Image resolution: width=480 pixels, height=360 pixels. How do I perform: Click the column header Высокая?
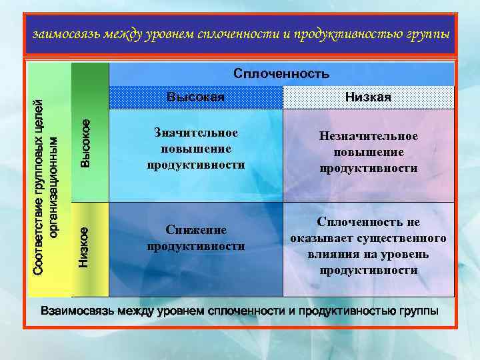pyautogui.click(x=195, y=98)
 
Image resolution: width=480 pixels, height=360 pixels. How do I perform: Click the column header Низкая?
pyautogui.click(x=368, y=98)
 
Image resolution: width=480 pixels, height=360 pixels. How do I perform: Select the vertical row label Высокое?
pyautogui.click(x=85, y=143)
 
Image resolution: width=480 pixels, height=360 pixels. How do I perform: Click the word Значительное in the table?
pyautogui.click(x=195, y=133)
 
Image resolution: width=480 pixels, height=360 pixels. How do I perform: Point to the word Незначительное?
pyautogui.click(x=368, y=136)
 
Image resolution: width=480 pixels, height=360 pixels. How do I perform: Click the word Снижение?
pyautogui.click(x=196, y=230)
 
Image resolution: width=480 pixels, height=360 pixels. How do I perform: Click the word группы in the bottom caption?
pyautogui.click(x=419, y=311)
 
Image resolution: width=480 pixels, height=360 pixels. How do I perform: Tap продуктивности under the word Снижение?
pyautogui.click(x=196, y=247)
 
